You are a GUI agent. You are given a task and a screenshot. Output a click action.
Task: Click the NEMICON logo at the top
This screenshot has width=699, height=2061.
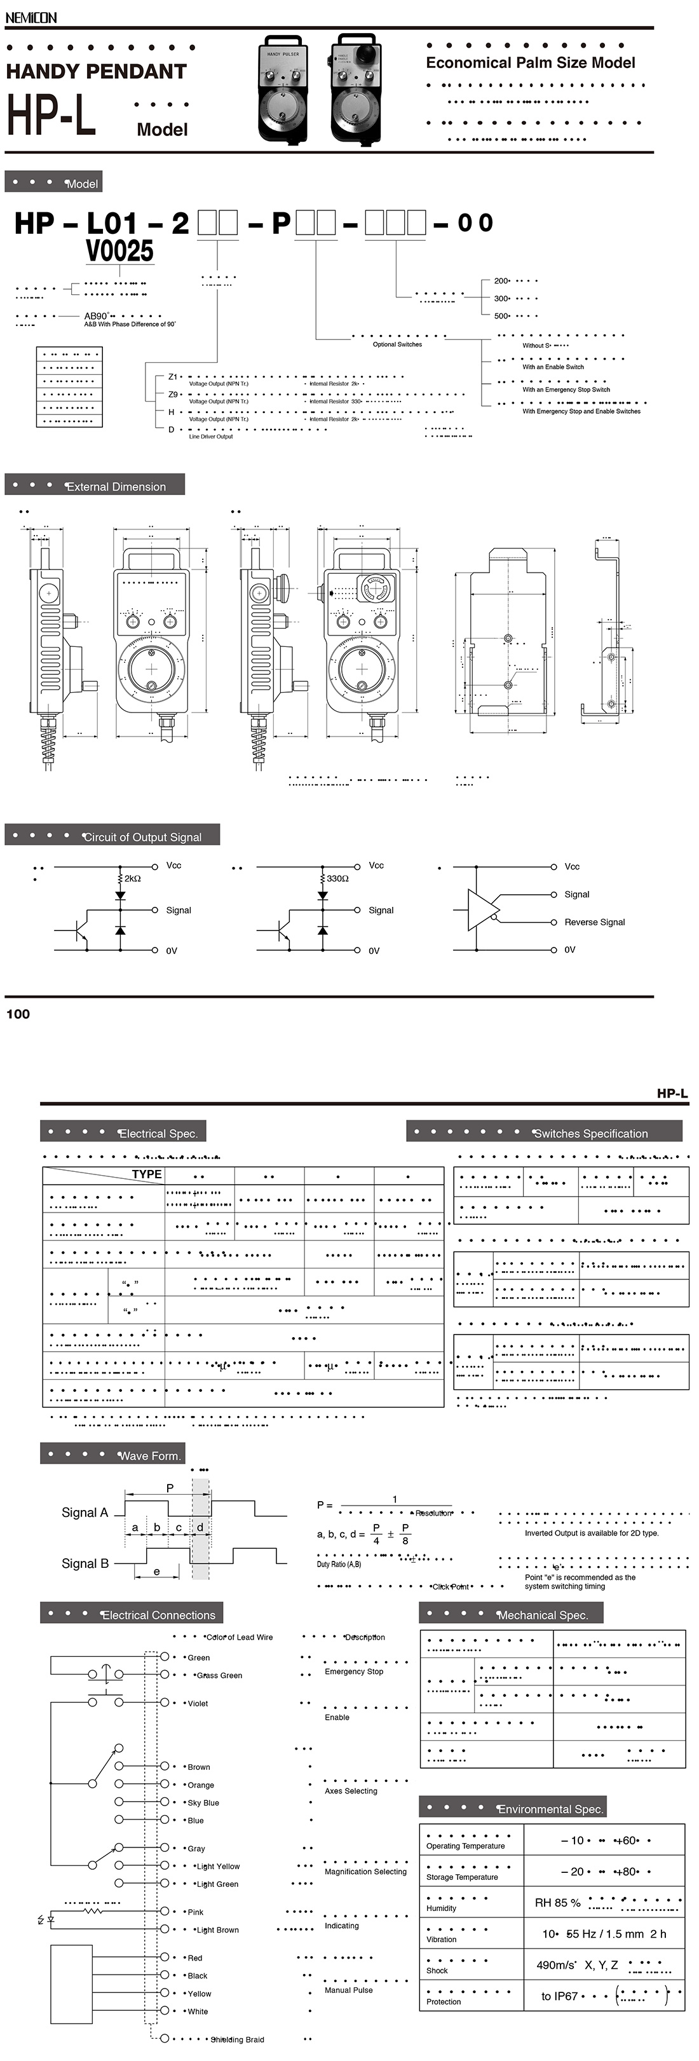pos(31,17)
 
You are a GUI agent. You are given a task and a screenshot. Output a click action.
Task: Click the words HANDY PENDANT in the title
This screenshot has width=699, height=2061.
pos(96,71)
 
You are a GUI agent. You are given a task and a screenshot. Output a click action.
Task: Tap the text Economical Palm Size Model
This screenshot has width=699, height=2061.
pos(530,62)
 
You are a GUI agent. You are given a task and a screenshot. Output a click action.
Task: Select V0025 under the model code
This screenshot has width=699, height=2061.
pos(119,251)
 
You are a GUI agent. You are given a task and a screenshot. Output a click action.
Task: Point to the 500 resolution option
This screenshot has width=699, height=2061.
pos(501,315)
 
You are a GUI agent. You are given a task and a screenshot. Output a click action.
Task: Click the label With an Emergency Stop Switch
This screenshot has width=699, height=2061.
pos(566,390)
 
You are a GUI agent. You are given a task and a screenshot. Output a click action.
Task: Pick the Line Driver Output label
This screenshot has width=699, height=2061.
pos(210,437)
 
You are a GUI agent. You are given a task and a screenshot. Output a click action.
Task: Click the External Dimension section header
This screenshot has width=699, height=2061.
pos(116,486)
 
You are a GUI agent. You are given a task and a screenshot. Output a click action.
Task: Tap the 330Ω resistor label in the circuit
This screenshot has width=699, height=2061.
pos(337,878)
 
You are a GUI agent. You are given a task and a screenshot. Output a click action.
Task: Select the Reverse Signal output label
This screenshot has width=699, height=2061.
pos(594,922)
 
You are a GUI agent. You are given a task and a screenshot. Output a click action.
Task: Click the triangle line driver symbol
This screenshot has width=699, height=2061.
pos(482,908)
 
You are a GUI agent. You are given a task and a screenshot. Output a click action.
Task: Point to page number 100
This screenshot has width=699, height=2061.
pos(18,1014)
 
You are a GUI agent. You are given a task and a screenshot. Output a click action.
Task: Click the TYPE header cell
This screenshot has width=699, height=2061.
pos(146,1174)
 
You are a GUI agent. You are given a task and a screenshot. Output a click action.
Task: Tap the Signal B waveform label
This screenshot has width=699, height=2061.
pos(85,1563)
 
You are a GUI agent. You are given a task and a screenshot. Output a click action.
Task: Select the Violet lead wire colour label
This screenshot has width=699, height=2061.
pos(198,1703)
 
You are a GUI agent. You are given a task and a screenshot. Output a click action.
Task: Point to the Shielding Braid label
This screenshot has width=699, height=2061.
pos(237,2039)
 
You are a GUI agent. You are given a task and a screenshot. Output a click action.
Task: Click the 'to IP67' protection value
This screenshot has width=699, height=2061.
pos(559,1996)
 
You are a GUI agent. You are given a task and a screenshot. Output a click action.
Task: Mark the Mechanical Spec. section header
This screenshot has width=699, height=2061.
pos(542,1615)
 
